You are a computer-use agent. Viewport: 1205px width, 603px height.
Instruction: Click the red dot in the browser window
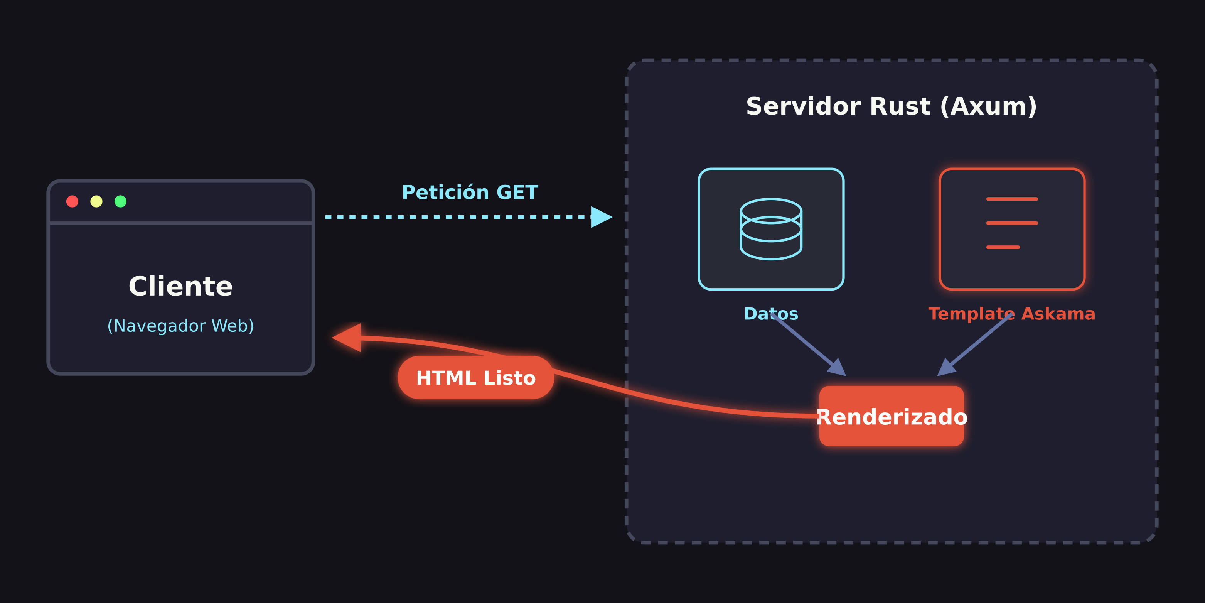[x=72, y=201]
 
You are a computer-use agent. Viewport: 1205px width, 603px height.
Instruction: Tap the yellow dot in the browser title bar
[x=96, y=201]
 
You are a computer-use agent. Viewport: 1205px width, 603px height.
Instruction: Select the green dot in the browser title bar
[x=121, y=201]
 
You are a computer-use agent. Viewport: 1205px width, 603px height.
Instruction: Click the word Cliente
[x=180, y=287]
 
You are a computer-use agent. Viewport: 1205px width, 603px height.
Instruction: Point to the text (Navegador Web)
[x=180, y=326]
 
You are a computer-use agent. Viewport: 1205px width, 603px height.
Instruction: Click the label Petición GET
[x=470, y=193]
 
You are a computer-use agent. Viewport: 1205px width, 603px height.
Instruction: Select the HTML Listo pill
[x=476, y=378]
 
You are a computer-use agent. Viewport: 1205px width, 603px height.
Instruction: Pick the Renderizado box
[x=891, y=417]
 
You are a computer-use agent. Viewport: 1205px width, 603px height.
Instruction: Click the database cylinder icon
[x=771, y=229]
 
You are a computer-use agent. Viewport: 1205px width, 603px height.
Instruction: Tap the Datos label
[x=771, y=314]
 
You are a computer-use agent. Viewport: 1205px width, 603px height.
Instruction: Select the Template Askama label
[x=1012, y=314]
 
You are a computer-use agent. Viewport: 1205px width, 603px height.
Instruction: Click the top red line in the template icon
[x=1012, y=199]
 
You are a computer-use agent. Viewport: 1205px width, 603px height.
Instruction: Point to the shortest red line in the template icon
[x=1003, y=247]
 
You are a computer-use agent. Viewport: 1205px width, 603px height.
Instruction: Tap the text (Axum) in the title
[x=988, y=107]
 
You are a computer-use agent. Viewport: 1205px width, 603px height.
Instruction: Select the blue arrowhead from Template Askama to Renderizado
[x=945, y=368]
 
